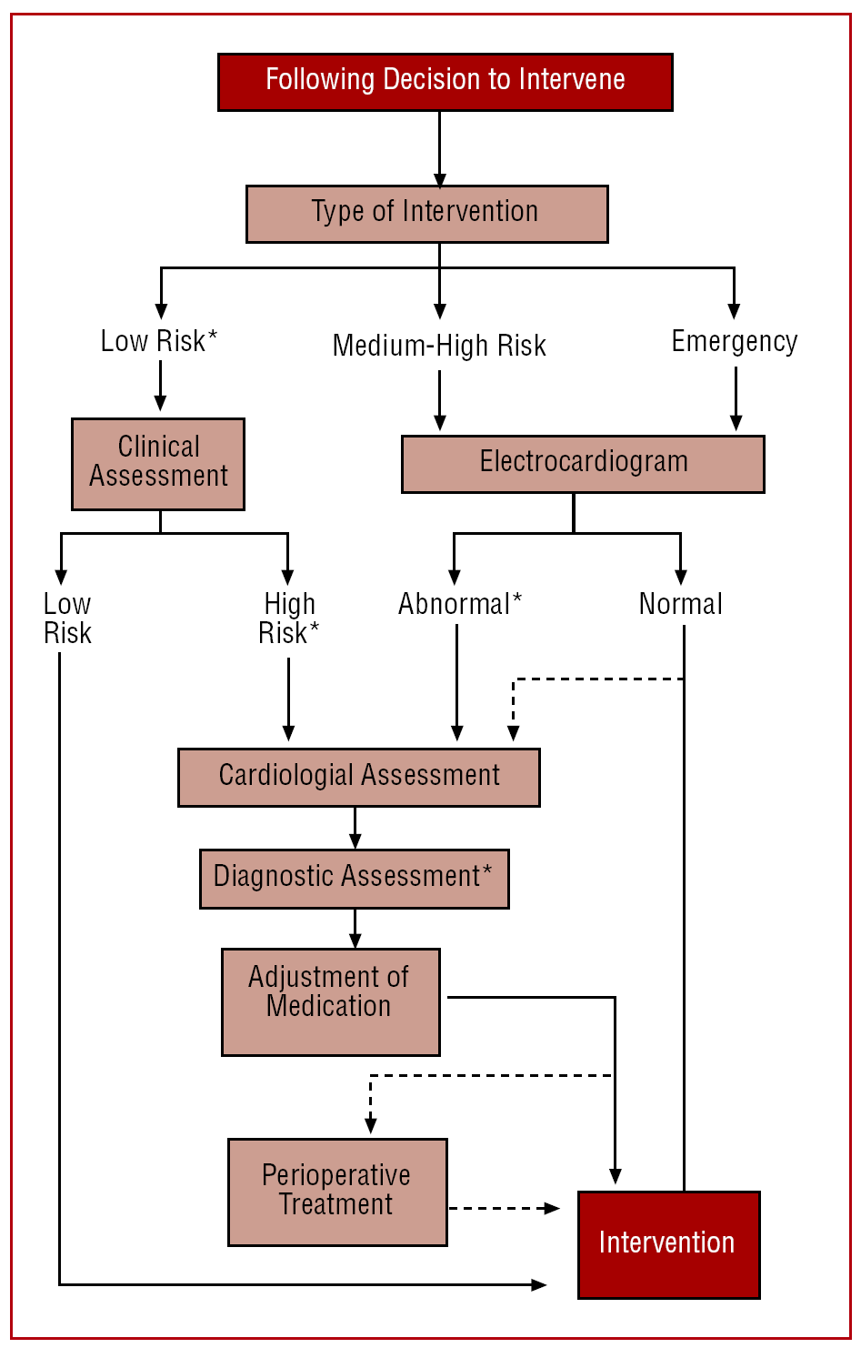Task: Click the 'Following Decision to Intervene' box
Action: (445, 82)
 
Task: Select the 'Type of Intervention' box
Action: (426, 214)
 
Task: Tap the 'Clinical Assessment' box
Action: (158, 463)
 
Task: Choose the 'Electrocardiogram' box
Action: (583, 464)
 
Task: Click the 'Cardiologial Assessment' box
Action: (358, 777)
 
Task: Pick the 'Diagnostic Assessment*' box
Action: (354, 878)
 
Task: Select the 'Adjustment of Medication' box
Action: (330, 1001)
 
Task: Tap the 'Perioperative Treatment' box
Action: (336, 1192)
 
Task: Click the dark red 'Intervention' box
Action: (668, 1244)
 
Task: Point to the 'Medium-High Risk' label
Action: (439, 346)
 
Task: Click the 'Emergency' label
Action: (735, 342)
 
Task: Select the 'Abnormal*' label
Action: (460, 604)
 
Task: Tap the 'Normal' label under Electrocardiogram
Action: (680, 604)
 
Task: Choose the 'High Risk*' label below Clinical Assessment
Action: (289, 619)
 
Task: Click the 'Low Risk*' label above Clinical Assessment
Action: (159, 341)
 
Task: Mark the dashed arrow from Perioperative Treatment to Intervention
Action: (505, 1208)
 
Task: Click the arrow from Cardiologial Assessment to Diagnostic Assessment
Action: (355, 828)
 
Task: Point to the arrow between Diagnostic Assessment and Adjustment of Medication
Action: (355, 928)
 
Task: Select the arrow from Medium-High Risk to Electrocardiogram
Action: (440, 400)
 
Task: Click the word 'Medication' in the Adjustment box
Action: (329, 1007)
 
